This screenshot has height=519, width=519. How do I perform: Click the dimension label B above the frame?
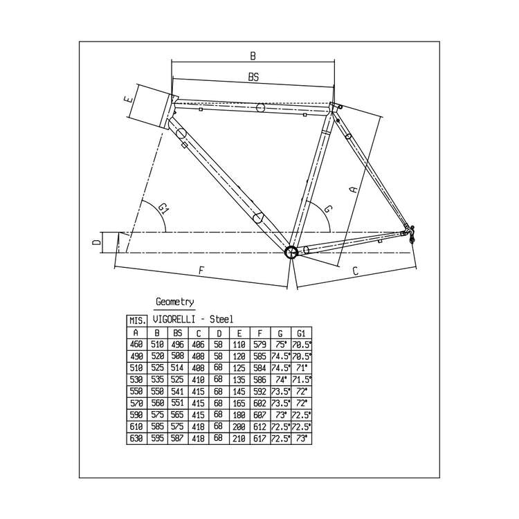[x=253, y=55]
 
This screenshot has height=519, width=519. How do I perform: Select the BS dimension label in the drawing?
[x=253, y=77]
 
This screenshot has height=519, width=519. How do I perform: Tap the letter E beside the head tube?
[x=129, y=99]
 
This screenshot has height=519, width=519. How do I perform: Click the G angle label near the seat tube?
[x=328, y=209]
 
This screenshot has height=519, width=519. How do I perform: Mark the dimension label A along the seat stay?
[x=354, y=189]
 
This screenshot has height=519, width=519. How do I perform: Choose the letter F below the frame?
[x=201, y=271]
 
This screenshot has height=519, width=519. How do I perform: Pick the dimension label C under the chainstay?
[x=355, y=271]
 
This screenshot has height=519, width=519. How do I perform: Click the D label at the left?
[x=96, y=243]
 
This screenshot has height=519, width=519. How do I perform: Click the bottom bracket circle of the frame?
[x=291, y=252]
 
